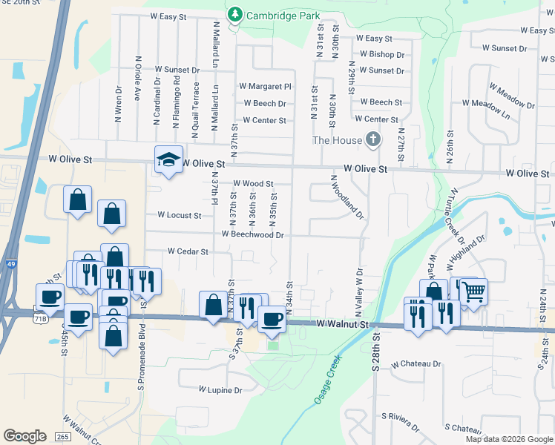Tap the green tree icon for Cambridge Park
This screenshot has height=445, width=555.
[x=235, y=14]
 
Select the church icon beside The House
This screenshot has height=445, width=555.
[x=373, y=139]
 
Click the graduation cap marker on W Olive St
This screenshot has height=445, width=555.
[x=168, y=159]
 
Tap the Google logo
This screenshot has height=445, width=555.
[x=24, y=436]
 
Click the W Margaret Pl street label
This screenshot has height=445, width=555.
[x=265, y=87]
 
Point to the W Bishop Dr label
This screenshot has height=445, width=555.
[x=382, y=55]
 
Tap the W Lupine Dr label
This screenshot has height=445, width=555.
[x=220, y=389]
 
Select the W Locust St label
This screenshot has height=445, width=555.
[x=179, y=215]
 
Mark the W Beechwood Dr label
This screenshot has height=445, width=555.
[x=253, y=234]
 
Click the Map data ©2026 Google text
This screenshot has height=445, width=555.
[x=510, y=439]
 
